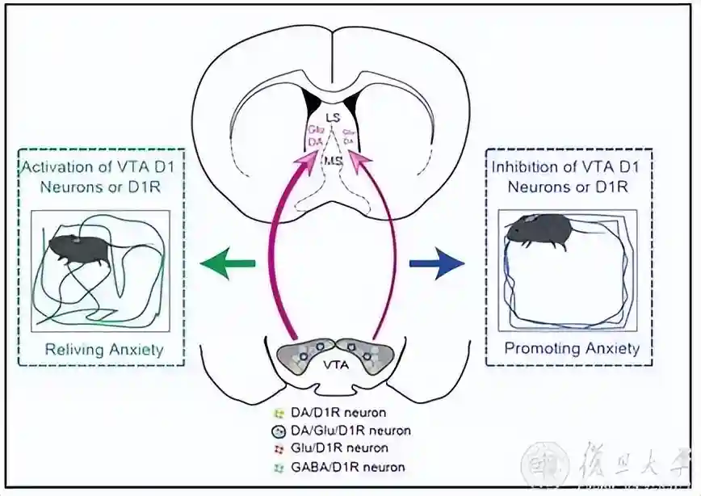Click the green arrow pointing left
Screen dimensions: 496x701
228,263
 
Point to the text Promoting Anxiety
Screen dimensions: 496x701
572,349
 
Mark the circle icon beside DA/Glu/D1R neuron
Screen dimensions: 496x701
278,430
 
